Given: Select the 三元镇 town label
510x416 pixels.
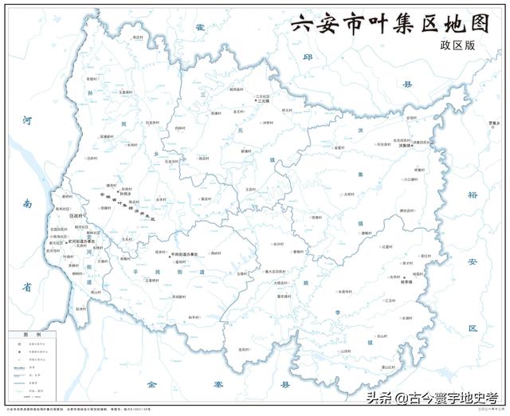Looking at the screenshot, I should pyautogui.click(x=264, y=101).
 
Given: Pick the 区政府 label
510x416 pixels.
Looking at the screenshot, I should pyautogui.click(x=77, y=215).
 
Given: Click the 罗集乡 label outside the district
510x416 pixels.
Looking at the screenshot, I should pyautogui.click(x=494, y=123).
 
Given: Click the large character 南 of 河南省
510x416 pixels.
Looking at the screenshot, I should pyautogui.click(x=27, y=204).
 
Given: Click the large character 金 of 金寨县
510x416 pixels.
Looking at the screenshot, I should pyautogui.click(x=151, y=385).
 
